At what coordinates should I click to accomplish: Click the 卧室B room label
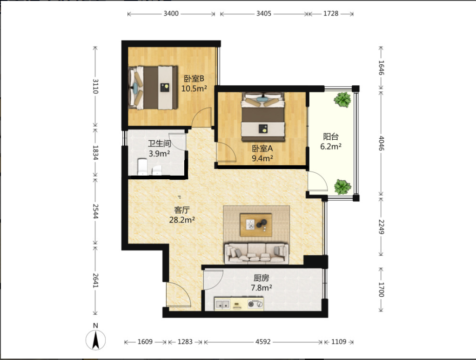(194, 79)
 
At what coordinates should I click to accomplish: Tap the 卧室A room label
(262, 149)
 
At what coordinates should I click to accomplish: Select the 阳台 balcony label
(330, 137)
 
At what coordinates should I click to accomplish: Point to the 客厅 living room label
(182, 210)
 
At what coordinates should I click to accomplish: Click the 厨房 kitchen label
(261, 278)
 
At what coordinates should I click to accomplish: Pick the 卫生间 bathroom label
(160, 143)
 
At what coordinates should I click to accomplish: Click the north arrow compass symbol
(96, 340)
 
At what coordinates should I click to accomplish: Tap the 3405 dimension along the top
(263, 14)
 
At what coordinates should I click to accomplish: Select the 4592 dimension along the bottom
(263, 342)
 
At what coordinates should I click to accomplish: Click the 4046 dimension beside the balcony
(381, 143)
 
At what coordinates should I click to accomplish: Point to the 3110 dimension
(95, 86)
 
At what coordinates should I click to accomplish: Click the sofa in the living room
(256, 253)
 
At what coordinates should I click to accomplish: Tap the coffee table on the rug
(256, 225)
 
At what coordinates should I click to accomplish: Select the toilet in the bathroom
(142, 167)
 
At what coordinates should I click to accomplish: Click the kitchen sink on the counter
(222, 304)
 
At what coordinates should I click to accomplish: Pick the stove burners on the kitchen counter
(255, 304)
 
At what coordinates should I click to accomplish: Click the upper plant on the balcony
(342, 100)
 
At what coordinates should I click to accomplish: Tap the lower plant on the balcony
(342, 187)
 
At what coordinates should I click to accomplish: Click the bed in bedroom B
(153, 88)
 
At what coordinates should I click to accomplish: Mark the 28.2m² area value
(182, 220)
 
